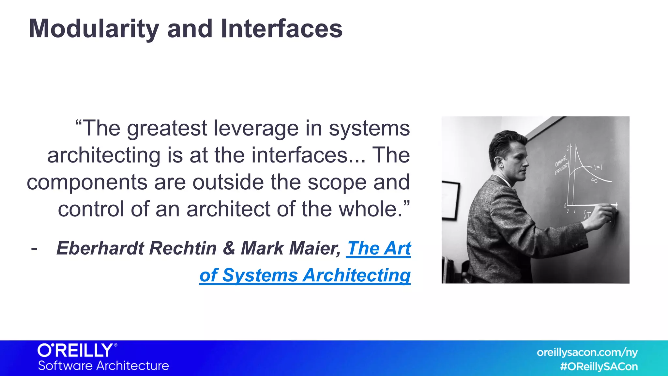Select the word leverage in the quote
(x=256, y=128)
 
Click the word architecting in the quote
(x=104, y=155)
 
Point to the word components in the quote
(x=87, y=182)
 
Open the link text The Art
(x=378, y=248)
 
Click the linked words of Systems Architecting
(x=305, y=275)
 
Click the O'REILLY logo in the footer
(x=76, y=351)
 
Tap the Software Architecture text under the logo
(x=103, y=366)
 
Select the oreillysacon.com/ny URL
(x=587, y=352)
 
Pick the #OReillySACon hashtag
(x=599, y=367)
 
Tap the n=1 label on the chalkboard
(x=598, y=167)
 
